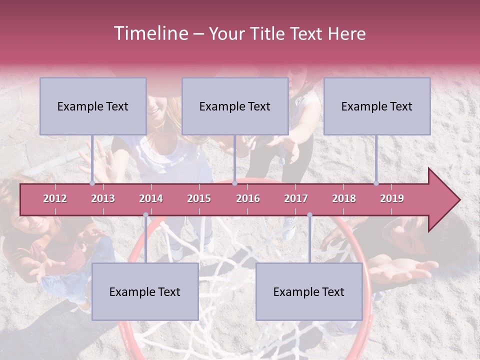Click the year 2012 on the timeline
55,198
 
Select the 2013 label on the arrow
103,198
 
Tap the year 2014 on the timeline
151,198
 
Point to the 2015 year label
199,198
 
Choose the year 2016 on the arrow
248,198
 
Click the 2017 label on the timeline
296,198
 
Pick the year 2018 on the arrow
344,198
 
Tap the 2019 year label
392,198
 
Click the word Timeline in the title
150,33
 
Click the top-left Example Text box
93,106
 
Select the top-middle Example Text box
235,106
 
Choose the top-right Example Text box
377,106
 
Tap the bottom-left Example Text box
145,291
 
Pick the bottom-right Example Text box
309,291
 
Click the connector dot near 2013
92,183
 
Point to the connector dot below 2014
145,215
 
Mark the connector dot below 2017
309,215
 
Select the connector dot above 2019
376,183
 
